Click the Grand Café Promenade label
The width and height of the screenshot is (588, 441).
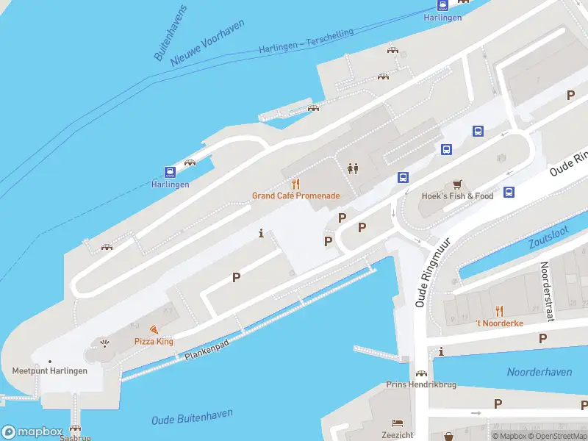pyautogui.click(x=295, y=196)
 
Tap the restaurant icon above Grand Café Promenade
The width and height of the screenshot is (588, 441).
pyautogui.click(x=296, y=183)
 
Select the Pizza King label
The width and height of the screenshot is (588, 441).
pyautogui.click(x=154, y=342)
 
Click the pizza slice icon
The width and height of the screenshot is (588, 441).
pyautogui.click(x=154, y=330)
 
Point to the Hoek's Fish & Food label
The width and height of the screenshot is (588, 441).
pyautogui.click(x=457, y=196)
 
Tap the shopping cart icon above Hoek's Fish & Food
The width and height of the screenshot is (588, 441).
pyautogui.click(x=458, y=184)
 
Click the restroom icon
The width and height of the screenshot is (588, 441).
pyautogui.click(x=353, y=168)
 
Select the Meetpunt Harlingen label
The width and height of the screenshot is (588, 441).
pyautogui.click(x=50, y=370)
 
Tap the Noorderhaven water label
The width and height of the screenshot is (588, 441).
pyautogui.click(x=539, y=372)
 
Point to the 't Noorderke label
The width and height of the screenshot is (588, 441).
pyautogui.click(x=499, y=323)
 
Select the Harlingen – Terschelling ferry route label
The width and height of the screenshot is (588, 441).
pyautogui.click(x=306, y=42)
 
